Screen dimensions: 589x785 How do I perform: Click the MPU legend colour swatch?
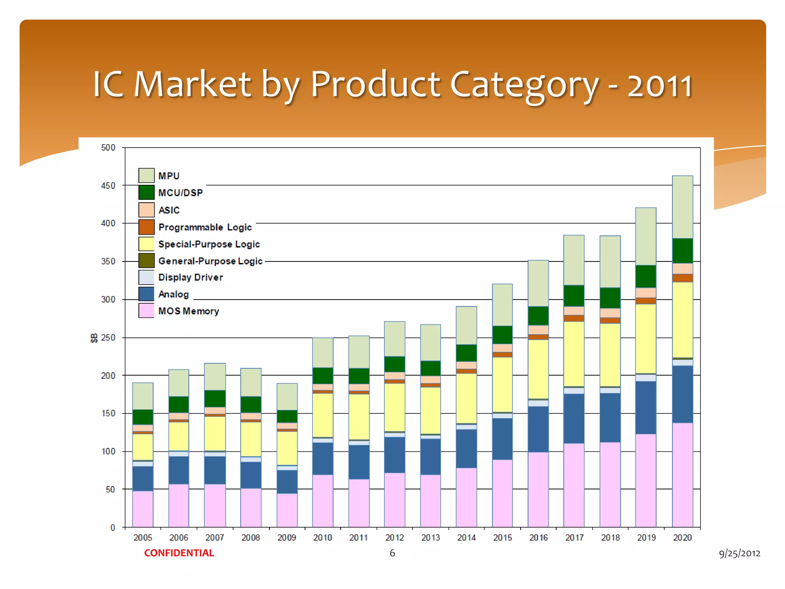pos(146,175)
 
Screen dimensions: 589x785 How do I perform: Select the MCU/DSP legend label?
pos(180,192)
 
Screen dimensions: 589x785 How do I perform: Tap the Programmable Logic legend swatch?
pos(146,227)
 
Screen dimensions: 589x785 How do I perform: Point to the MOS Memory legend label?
pos(189,311)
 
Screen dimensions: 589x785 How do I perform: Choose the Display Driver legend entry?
pos(190,277)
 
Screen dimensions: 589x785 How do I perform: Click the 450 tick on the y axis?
pos(108,186)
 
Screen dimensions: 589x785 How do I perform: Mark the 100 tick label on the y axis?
pos(108,451)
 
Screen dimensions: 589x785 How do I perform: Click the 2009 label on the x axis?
pos(287,538)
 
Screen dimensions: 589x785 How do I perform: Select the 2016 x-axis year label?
pos(538,538)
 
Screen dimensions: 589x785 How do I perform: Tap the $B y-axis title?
pos(94,338)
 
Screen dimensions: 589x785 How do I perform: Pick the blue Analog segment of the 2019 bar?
pos(646,407)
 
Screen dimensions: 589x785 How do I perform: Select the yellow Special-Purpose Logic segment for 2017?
pos(574,354)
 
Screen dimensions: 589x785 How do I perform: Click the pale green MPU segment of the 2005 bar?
pos(143,396)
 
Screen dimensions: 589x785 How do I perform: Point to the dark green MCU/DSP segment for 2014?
pos(466,353)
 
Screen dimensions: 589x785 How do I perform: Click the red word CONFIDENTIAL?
pos(179,553)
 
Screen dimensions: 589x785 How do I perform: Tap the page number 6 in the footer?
pos(392,553)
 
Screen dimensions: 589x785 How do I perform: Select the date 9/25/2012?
pos(739,553)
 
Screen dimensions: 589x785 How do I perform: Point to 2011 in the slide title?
pos(660,85)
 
